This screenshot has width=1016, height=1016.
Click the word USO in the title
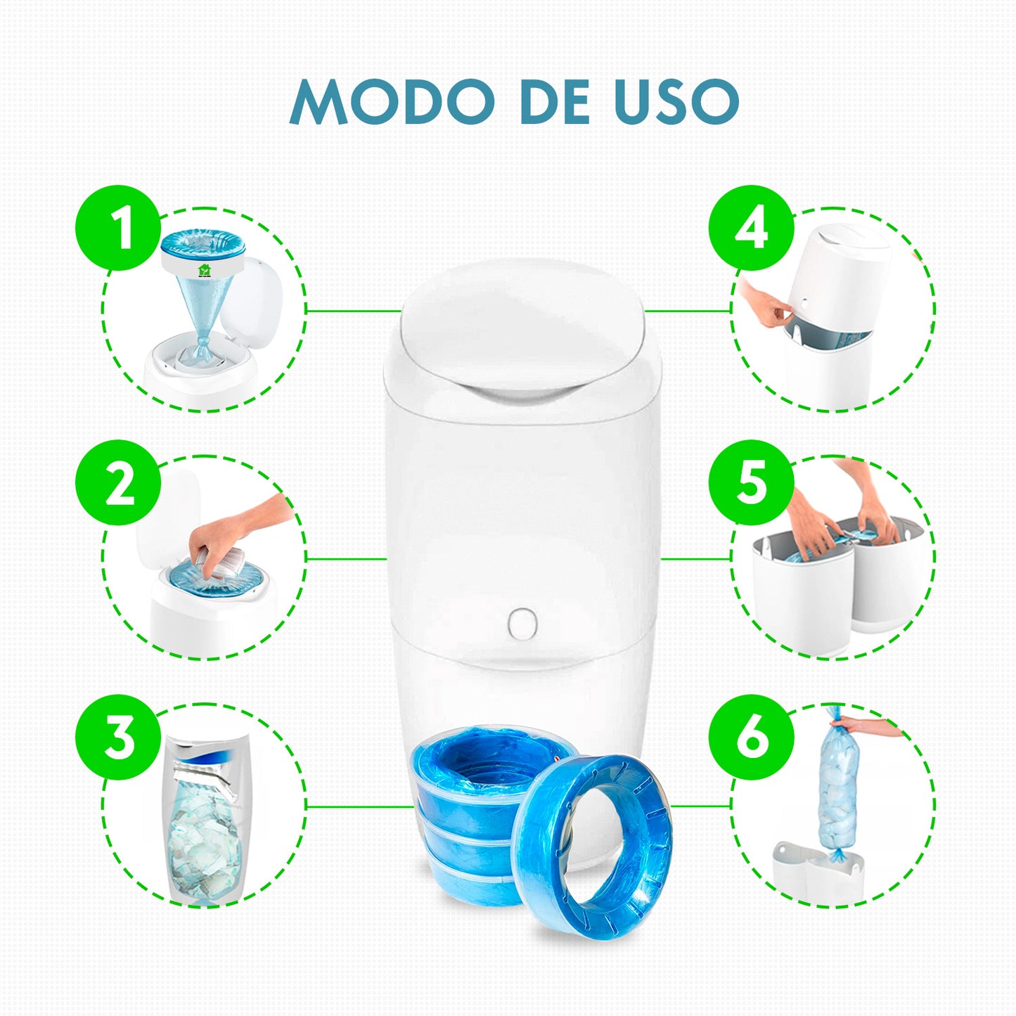coord(676,101)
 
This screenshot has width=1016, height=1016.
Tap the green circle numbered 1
coord(117,228)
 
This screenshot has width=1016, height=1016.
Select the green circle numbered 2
coord(117,482)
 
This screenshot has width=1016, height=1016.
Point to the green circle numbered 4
coord(751,228)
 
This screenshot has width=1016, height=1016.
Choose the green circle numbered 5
coord(751,482)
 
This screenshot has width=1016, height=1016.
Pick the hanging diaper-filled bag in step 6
coord(837,791)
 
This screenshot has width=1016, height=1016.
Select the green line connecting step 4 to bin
coord(688,311)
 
